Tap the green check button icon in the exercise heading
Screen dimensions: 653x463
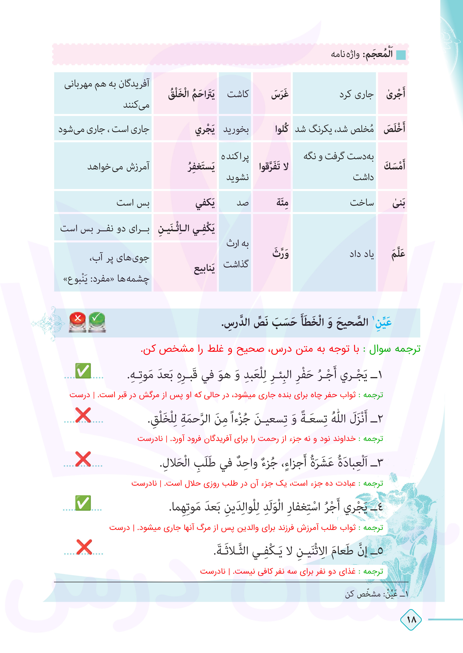(x=97, y=322)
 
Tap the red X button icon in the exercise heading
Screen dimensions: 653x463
(x=77, y=322)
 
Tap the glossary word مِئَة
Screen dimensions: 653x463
(x=282, y=203)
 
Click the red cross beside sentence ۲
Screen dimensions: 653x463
(x=83, y=415)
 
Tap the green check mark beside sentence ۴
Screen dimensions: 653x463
(x=83, y=503)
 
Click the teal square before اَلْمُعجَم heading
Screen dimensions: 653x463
(x=401, y=54)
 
